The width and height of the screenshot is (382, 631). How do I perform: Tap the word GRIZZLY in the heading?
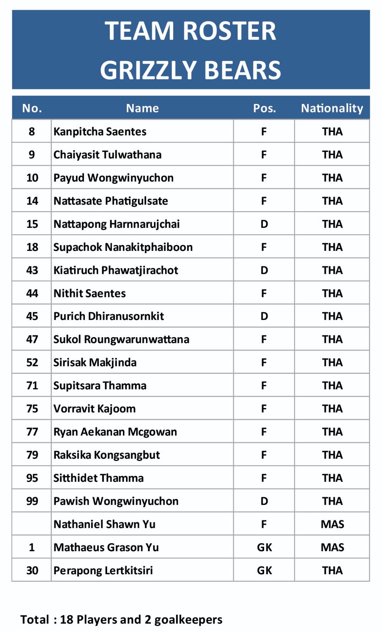pos(148,70)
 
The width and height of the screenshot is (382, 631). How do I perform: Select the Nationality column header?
pos(332,108)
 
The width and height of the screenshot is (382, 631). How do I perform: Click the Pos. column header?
pos(264,108)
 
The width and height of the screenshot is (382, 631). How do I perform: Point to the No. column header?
pos(32,108)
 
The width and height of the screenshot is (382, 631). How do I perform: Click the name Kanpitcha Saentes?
pos(100,132)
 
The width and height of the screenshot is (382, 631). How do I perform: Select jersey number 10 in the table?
pos(32,178)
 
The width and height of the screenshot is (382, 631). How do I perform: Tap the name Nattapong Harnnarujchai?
pos(116,224)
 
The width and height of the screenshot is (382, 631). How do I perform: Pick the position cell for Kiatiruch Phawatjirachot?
pos(264,270)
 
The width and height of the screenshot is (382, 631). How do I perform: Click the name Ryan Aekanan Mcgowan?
pos(115,432)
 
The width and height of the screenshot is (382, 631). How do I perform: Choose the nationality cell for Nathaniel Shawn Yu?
pos(332,524)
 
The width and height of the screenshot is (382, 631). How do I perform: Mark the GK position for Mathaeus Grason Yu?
pos(264,547)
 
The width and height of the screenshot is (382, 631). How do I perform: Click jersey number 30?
pos(32,570)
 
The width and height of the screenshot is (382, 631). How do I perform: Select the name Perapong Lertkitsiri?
pos(103,570)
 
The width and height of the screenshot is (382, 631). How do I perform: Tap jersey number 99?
pos(32,501)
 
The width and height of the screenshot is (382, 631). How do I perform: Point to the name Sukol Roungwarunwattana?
pos(121,339)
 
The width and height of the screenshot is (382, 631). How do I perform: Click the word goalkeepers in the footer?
pos(188,619)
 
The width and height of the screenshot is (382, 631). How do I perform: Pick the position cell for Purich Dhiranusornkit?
pos(264,316)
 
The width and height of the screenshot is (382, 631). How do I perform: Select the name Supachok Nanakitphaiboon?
pos(123,247)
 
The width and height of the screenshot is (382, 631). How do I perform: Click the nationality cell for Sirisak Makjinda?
pos(332,362)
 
